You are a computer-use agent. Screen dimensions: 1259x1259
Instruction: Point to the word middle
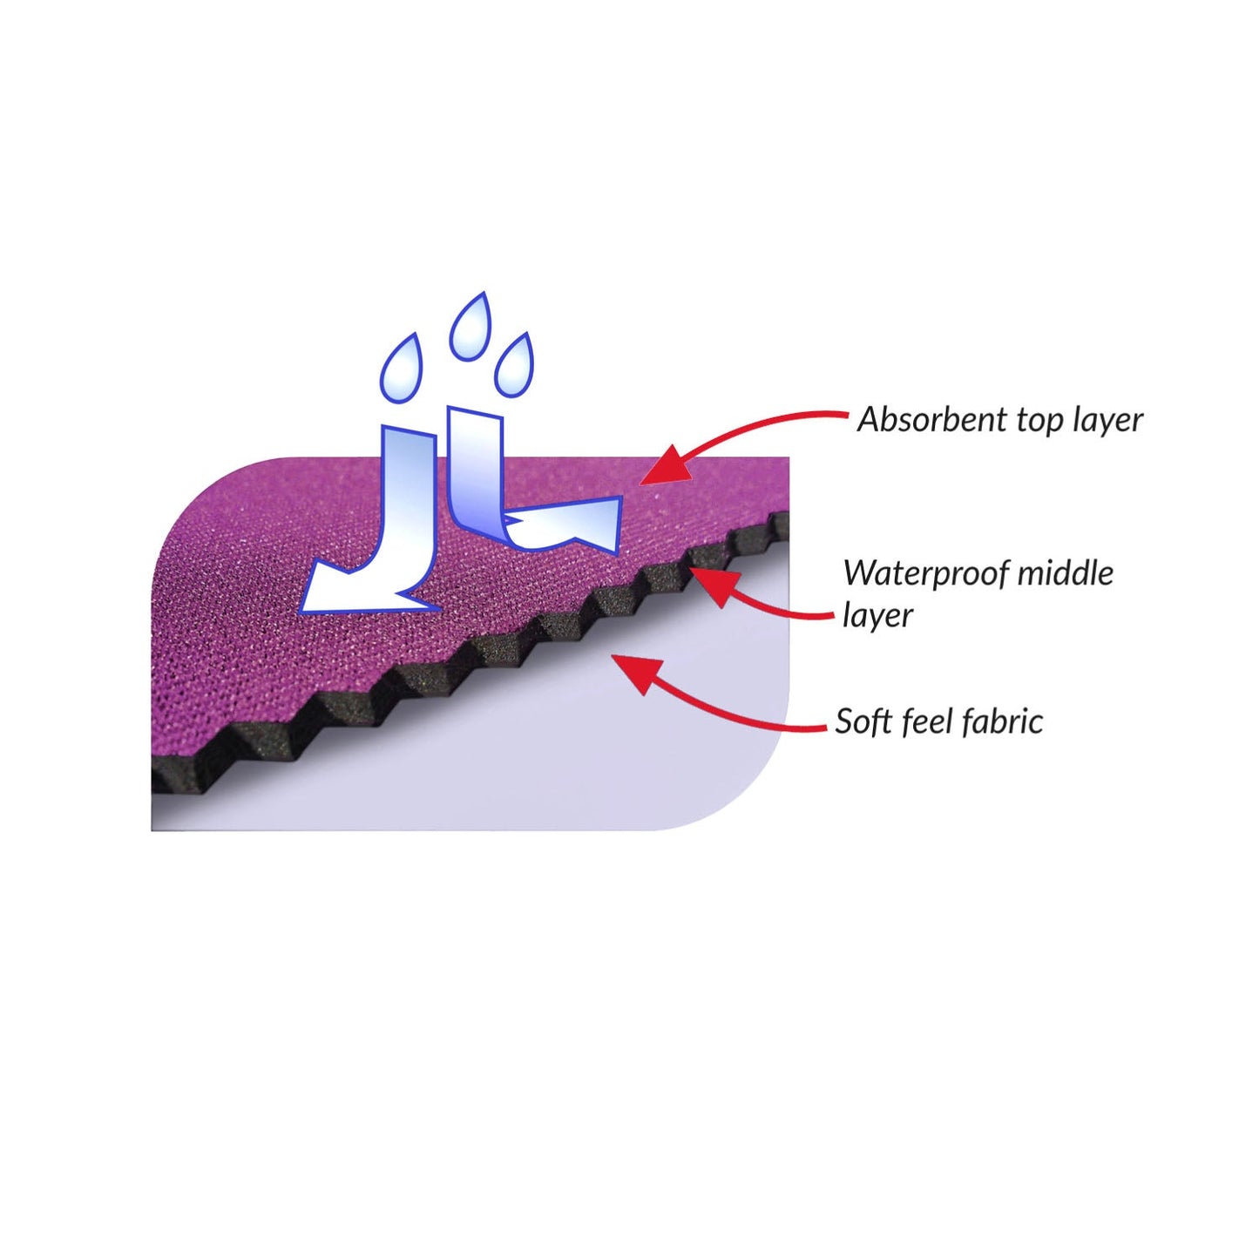click(x=1065, y=572)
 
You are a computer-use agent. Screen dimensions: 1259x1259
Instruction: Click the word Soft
click(x=863, y=721)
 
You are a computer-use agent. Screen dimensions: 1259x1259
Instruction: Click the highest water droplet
click(x=470, y=327)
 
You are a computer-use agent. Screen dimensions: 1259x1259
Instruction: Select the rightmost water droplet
click(x=514, y=364)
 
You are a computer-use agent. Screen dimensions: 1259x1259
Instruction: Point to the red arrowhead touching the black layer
click(x=714, y=586)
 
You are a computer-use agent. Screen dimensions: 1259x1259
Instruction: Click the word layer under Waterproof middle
click(x=877, y=616)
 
